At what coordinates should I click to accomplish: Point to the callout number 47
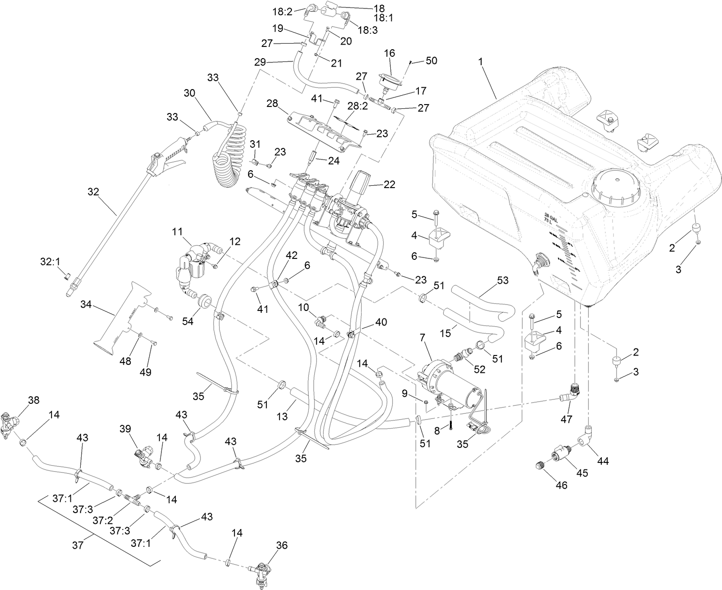[566, 419]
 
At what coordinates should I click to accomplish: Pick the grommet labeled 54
[205, 301]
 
